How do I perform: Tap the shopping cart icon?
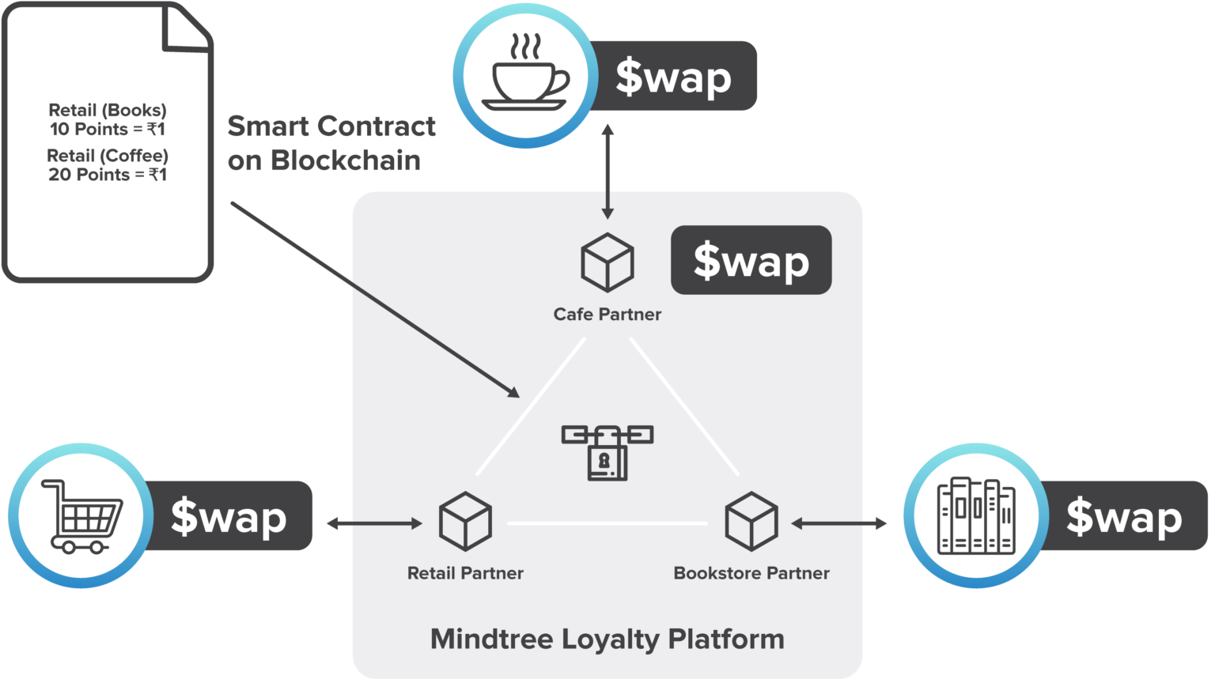click(81, 515)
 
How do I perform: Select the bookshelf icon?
click(975, 515)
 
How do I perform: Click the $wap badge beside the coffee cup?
click(673, 77)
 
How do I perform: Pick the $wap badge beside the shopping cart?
click(229, 516)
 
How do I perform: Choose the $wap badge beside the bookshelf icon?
click(1123, 516)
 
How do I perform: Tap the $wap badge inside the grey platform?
click(751, 261)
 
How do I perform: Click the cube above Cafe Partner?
click(607, 262)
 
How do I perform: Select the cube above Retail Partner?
click(465, 521)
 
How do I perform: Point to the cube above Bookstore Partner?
click(751, 521)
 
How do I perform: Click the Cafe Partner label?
click(607, 315)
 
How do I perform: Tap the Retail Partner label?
click(465, 573)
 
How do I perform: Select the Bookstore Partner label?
click(751, 573)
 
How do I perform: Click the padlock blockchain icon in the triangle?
click(607, 451)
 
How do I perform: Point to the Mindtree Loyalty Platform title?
click(607, 639)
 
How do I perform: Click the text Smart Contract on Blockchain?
click(331, 143)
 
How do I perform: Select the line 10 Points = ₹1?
click(108, 130)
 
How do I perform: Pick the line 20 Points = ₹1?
click(108, 175)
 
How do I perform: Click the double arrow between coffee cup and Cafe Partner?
click(607, 171)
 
